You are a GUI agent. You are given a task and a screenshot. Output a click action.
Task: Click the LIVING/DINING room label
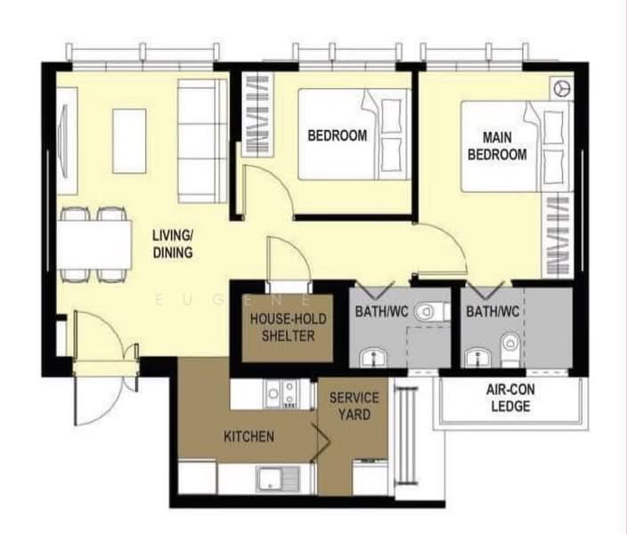173,244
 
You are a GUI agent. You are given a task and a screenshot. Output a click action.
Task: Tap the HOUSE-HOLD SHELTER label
289,328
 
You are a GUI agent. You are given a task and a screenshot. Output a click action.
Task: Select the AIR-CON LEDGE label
510,398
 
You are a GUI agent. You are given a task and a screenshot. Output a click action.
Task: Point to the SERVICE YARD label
354,406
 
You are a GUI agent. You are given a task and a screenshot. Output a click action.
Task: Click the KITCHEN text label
248,436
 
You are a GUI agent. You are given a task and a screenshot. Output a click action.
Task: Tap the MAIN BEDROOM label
497,146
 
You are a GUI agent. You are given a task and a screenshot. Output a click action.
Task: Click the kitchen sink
278,479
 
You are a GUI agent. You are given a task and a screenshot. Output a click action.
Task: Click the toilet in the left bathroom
431,311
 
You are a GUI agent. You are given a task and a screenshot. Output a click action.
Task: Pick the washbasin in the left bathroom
373,357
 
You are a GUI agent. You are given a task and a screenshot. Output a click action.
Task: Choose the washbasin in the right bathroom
478,357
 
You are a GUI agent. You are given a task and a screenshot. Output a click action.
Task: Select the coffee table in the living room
129,142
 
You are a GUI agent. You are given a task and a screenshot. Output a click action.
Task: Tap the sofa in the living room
202,141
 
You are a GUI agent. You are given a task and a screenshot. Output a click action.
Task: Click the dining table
94,244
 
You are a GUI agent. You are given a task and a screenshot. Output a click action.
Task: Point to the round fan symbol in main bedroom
561,88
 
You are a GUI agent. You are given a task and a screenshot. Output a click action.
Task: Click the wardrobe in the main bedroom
558,236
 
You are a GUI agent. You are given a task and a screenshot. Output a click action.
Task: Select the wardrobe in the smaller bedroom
257,114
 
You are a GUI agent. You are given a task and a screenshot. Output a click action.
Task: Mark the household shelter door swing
289,259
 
